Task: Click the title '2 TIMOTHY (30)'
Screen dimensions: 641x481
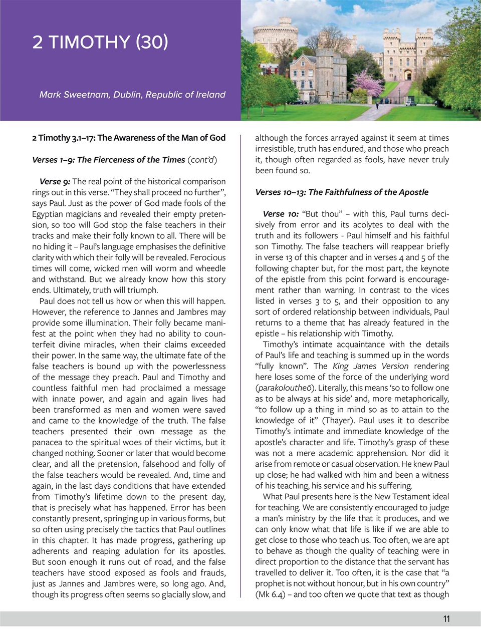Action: pyautogui.click(x=100, y=42)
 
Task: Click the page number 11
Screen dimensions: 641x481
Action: pyautogui.click(x=446, y=619)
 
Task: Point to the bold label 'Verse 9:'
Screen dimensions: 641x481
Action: pyautogui.click(x=55, y=181)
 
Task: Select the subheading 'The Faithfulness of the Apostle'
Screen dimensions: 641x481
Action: pyautogui.click(x=368, y=192)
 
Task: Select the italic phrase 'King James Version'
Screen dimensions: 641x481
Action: pyautogui.click(x=370, y=366)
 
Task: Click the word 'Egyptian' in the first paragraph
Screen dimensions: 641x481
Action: pyautogui.click(x=48, y=214)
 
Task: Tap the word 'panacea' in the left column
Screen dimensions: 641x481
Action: pyautogui.click(x=48, y=442)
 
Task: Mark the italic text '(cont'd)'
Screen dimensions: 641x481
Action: pyautogui.click(x=202, y=160)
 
